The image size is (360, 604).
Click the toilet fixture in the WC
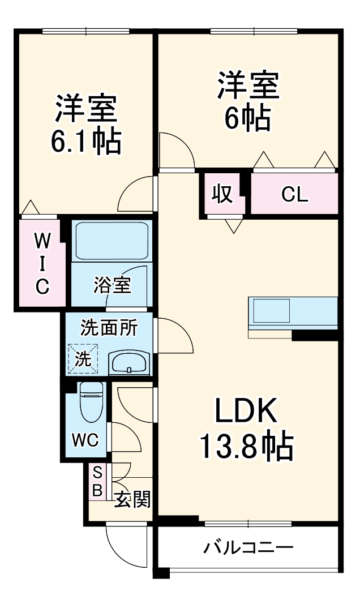[91, 403]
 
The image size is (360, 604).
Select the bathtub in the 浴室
[111, 242]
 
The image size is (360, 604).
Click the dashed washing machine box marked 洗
[83, 359]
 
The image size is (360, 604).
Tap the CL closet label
[294, 195]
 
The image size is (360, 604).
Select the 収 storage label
[222, 194]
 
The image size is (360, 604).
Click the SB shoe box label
[97, 481]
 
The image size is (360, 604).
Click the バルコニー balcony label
[248, 548]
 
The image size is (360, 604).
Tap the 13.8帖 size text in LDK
[246, 447]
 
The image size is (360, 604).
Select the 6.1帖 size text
[85, 142]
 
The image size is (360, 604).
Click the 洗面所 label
[109, 328]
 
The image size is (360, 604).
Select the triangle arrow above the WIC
[31, 208]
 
